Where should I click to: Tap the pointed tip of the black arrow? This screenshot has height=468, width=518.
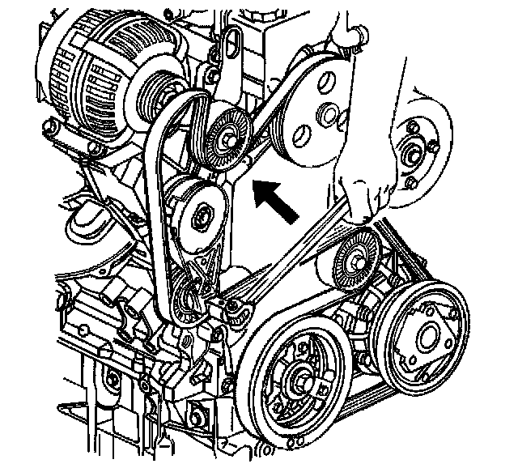click(x=254, y=183)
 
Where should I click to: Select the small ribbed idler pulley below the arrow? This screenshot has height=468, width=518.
click(x=355, y=257)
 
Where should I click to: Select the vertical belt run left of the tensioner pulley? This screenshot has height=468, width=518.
click(x=159, y=219)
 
